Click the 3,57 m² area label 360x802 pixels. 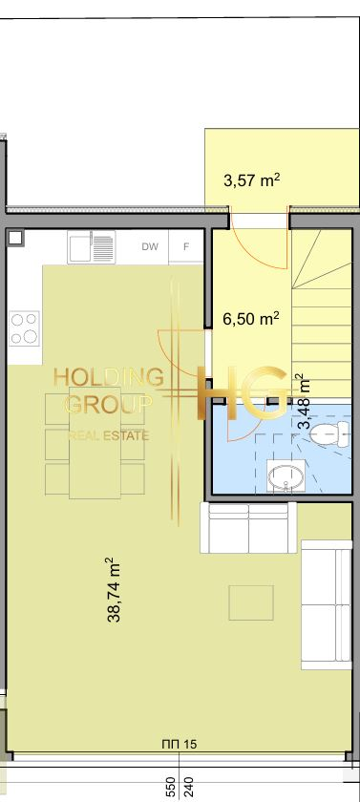251,180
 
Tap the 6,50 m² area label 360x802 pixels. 250,319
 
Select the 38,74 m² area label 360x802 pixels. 114,590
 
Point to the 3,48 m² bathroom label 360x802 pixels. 305,402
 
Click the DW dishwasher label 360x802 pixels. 150,246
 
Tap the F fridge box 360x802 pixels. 186,247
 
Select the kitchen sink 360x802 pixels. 92,247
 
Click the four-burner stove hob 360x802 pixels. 24,328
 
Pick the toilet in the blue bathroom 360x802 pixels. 329,433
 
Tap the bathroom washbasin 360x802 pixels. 286,476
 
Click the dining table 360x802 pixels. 95,443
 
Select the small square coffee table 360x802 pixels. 251,603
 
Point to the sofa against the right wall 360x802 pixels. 327,604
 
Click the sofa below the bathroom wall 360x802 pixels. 248,528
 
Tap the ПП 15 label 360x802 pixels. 179,744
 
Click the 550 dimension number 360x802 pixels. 171,789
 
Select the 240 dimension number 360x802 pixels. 188,789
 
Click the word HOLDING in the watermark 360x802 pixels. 109,378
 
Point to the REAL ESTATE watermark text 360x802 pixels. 109,435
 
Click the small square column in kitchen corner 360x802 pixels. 16,238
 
